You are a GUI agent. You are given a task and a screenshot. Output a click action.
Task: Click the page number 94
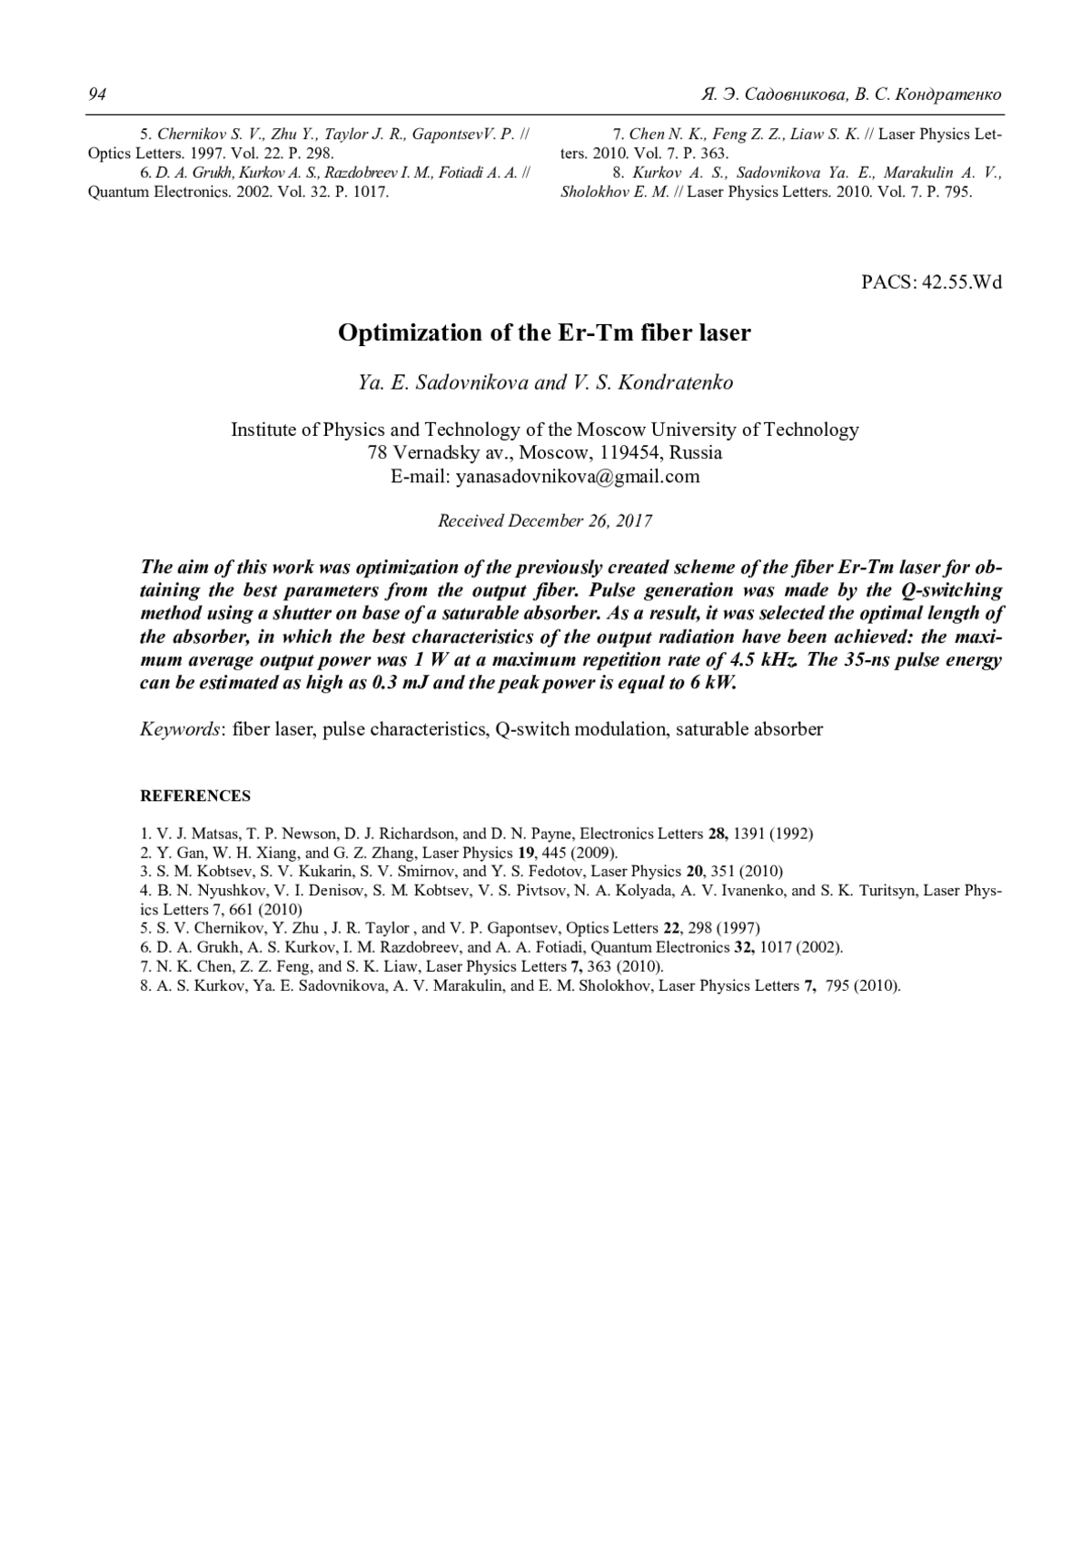click(x=95, y=94)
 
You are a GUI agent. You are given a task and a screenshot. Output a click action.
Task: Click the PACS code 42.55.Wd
click(x=962, y=282)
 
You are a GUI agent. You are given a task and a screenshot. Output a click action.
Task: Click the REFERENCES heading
click(x=195, y=796)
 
